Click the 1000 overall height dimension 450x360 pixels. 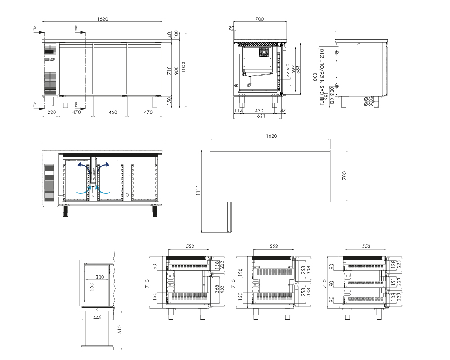click(184, 67)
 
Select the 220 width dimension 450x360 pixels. click(52, 112)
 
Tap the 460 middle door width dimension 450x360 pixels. click(113, 112)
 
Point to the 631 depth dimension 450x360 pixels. click(261, 116)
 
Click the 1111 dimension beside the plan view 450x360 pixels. click(198, 190)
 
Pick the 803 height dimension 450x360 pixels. click(315, 77)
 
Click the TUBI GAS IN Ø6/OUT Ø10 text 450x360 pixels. click(322, 77)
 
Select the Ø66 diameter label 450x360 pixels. click(369, 99)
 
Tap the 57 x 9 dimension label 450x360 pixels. click(288, 70)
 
